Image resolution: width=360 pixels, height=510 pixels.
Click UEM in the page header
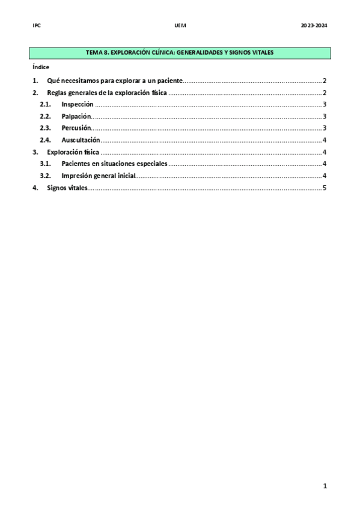click(x=180, y=25)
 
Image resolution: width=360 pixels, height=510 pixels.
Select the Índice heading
click(x=41, y=67)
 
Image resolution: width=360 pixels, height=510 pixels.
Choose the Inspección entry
click(x=77, y=105)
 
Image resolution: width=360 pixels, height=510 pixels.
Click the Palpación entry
click(x=76, y=116)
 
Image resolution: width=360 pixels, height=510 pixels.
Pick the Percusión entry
click(x=76, y=128)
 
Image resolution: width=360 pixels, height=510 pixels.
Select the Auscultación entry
click(x=81, y=140)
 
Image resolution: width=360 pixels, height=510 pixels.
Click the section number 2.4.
click(x=45, y=140)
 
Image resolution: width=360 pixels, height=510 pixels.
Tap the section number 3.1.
click(x=45, y=164)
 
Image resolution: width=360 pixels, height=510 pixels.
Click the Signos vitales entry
click(x=67, y=188)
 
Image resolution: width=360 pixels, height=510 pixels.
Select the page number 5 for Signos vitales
click(x=324, y=188)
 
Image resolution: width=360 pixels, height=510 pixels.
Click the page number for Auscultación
click(x=324, y=140)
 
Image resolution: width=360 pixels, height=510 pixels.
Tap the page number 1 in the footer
click(x=325, y=486)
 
